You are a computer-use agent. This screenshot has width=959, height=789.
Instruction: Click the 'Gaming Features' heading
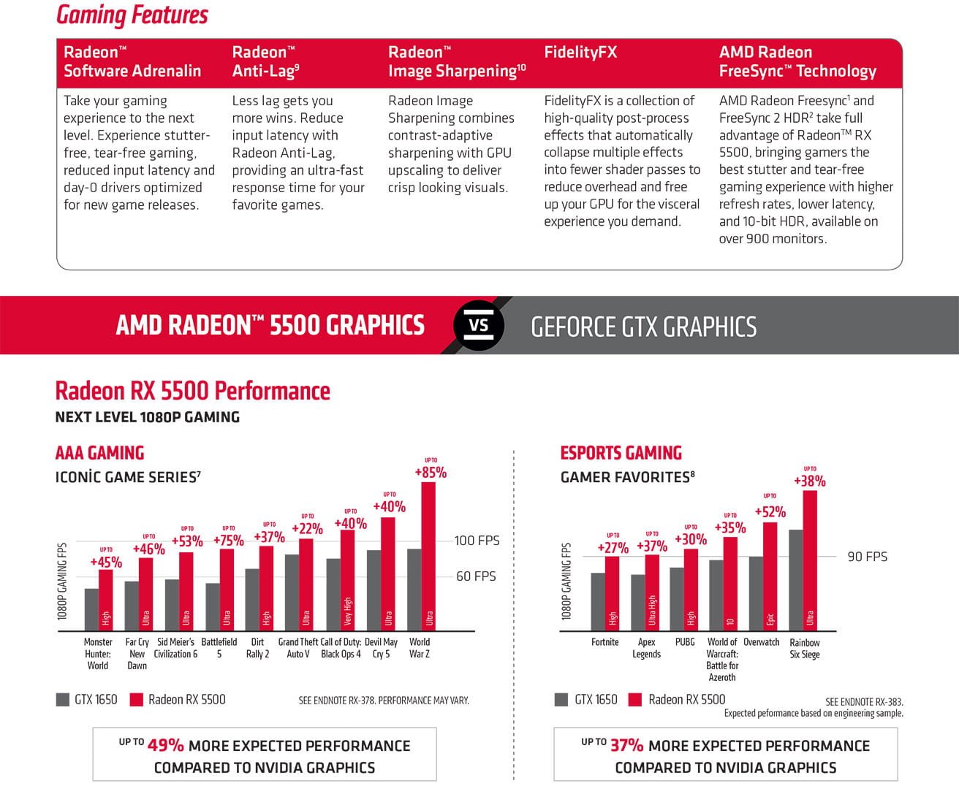(132, 15)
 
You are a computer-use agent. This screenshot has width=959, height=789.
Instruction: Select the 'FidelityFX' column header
(580, 53)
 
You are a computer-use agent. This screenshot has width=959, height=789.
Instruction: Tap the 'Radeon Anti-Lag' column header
(265, 61)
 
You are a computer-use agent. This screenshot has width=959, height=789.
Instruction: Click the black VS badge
(479, 324)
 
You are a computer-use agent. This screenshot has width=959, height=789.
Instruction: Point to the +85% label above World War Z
(431, 473)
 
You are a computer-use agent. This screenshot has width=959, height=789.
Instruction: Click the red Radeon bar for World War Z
(428, 555)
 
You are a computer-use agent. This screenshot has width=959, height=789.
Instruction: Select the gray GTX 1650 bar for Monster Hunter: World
(91, 609)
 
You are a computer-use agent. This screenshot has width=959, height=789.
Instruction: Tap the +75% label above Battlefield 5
(228, 540)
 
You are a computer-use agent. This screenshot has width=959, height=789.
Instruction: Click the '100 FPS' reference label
(477, 541)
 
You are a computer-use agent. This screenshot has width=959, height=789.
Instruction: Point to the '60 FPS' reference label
(476, 576)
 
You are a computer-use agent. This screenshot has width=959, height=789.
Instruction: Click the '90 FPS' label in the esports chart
(867, 557)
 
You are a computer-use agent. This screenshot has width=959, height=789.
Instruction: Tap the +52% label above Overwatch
(770, 512)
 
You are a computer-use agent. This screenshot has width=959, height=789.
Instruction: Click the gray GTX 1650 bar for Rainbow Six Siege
(796, 580)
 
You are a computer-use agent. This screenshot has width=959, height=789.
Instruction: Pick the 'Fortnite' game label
(604, 642)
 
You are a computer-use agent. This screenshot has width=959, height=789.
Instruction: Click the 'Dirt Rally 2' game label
(257, 648)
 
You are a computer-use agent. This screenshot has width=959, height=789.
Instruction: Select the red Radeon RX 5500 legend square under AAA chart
(136, 700)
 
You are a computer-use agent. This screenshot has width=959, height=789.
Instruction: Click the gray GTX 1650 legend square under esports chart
(561, 700)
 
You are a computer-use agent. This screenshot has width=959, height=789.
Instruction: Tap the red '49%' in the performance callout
(166, 745)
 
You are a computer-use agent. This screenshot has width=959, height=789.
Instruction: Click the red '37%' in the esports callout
(627, 745)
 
